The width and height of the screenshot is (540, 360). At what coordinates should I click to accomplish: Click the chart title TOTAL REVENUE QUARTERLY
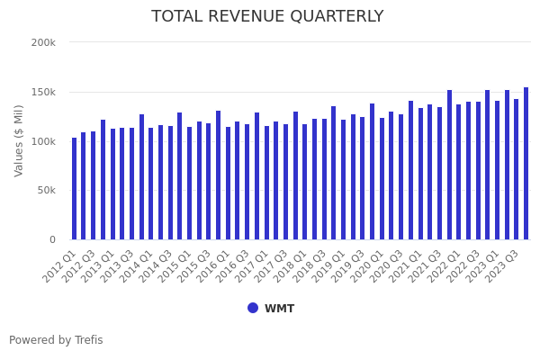tap(267, 17)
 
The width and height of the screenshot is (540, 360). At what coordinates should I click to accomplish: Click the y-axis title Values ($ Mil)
tap(19, 140)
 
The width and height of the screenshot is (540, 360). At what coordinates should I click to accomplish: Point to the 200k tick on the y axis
tap(43, 42)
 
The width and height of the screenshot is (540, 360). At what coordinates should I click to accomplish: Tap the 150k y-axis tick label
tap(43, 92)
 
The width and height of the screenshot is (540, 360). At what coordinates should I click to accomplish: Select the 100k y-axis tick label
tap(43, 141)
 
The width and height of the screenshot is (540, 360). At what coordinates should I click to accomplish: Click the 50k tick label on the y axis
tap(46, 191)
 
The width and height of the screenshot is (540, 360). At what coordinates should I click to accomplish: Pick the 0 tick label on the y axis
tap(52, 239)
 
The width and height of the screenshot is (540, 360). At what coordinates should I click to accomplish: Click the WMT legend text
tap(279, 309)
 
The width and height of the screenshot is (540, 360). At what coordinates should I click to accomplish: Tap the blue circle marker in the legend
tap(253, 308)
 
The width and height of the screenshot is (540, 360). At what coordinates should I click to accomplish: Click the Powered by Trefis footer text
tap(56, 340)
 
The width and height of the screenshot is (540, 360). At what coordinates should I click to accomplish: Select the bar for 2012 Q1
tap(74, 189)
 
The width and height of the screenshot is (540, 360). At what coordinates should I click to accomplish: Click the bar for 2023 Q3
tap(517, 169)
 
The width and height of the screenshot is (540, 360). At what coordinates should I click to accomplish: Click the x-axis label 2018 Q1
tap(292, 267)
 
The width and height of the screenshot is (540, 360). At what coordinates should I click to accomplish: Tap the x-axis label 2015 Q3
tap(195, 267)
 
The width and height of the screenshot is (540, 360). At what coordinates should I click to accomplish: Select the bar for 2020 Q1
tap(382, 179)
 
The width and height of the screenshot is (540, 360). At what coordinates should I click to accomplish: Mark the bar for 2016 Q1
tap(228, 184)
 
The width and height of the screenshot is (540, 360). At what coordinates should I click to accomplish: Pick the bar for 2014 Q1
tap(151, 184)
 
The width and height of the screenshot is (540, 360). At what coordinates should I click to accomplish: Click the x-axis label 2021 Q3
tap(426, 267)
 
